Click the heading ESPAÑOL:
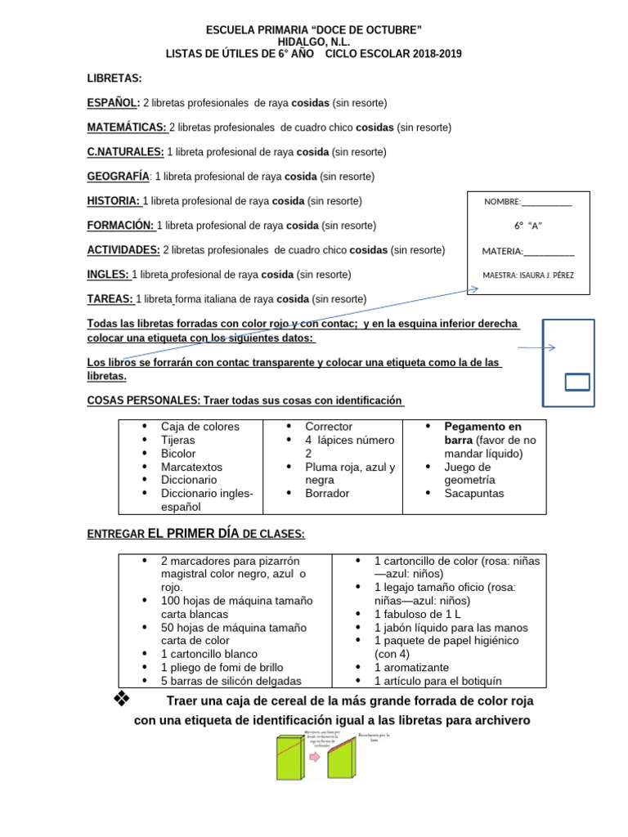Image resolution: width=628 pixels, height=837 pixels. pos(114,103)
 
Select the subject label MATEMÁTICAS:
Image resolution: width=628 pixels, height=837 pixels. pos(127,128)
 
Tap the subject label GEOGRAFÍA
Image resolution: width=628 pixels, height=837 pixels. pos(118,177)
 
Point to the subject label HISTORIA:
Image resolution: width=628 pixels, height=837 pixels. pos(114,201)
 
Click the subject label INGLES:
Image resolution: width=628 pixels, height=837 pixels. pos(108,275)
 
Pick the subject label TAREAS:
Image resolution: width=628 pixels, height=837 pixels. pos(110,299)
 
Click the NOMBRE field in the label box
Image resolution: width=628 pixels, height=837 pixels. pos(527,202)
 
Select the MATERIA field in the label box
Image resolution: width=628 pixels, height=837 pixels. pos(527,251)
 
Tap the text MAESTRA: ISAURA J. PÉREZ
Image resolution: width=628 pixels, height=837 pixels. pos(527,275)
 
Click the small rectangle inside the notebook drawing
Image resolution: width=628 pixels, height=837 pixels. pos(577,382)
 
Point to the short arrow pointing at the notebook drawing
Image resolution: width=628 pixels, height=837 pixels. pos(536,348)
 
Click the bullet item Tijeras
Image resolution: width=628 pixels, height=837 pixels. pos(178,440)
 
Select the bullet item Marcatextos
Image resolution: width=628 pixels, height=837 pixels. pos(191,467)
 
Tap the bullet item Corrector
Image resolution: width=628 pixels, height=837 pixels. pos(329,427)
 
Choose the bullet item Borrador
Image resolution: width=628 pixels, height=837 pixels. pos(327,494)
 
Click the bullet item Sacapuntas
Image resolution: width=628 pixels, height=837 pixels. pos(474,494)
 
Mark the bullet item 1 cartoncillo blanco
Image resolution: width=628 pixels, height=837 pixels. pos(209,654)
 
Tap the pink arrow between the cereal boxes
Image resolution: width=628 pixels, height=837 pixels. pos(313,757)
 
